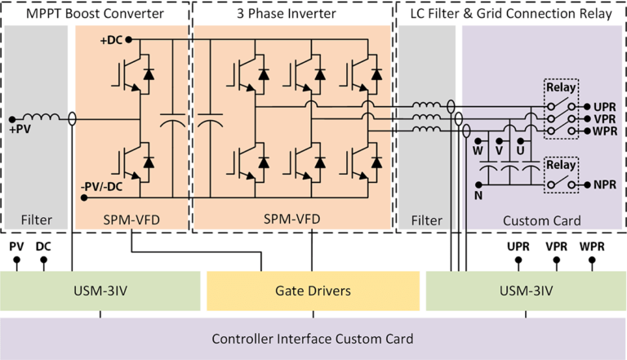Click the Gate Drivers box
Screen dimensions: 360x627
[313, 291]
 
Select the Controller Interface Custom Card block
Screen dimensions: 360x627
[313, 339]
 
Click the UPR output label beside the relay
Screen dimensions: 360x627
[605, 108]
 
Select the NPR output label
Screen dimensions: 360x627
[605, 185]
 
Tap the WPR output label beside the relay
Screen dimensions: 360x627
[605, 131]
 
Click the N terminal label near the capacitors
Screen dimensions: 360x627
[479, 196]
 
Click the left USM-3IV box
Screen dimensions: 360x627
[100, 291]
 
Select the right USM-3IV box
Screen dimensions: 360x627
[526, 291]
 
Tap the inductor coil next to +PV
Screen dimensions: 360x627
[45, 118]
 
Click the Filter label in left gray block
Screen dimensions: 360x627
[37, 220]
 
